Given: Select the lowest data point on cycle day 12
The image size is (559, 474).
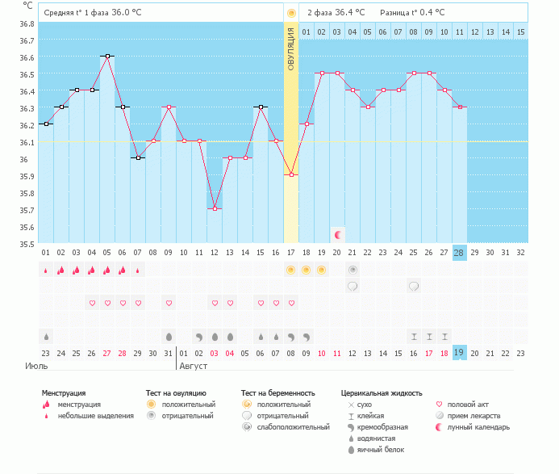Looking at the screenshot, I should tap(215, 209).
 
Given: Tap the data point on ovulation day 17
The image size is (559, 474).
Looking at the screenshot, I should tap(291, 175).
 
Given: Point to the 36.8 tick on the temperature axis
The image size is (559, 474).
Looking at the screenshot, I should tap(27, 23).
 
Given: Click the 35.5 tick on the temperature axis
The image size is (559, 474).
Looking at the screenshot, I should tap(27, 244).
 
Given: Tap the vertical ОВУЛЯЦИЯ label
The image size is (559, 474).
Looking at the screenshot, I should tap(291, 48).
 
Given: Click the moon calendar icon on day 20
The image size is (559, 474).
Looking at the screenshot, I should tap(337, 234).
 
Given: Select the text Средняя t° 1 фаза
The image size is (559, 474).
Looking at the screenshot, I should tap(76, 13).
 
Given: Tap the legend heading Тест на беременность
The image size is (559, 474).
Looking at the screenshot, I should tap(277, 392).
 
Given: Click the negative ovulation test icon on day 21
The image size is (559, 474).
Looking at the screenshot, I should tap(353, 269).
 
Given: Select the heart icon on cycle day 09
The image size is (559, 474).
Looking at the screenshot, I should tap(169, 303).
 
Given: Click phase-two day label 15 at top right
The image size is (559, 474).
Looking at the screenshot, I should tap(521, 31).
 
